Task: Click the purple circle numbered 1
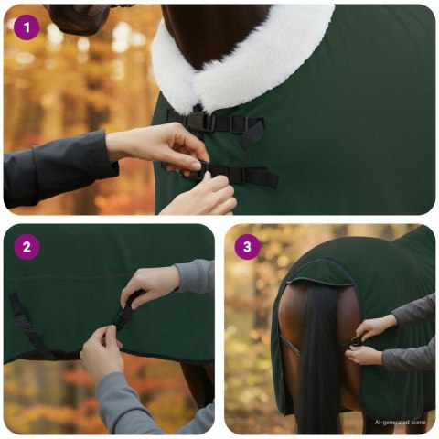click(x=27, y=27)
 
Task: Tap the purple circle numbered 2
click(x=27, y=247)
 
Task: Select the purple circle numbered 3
click(x=247, y=247)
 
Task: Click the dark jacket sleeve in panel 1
click(x=55, y=169)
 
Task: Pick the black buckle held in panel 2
click(x=122, y=316)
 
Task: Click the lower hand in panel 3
click(x=366, y=355)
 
